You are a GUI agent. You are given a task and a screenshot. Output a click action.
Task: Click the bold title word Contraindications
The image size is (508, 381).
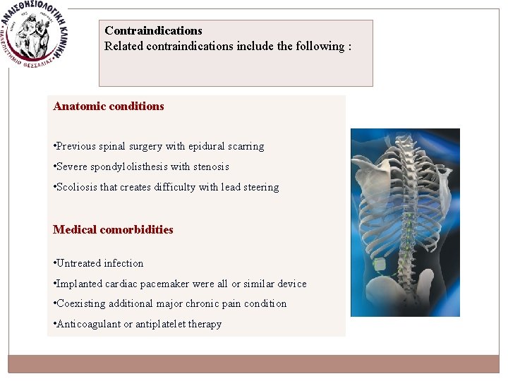tap(153, 31)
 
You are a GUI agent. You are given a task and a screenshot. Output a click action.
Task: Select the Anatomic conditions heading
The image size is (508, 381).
tap(109, 107)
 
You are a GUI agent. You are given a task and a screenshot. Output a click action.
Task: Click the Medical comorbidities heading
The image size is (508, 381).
tap(113, 230)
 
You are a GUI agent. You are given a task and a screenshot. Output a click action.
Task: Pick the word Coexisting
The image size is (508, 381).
tap(80, 304)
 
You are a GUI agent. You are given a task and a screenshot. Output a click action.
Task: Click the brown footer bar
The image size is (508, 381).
tap(254, 363)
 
